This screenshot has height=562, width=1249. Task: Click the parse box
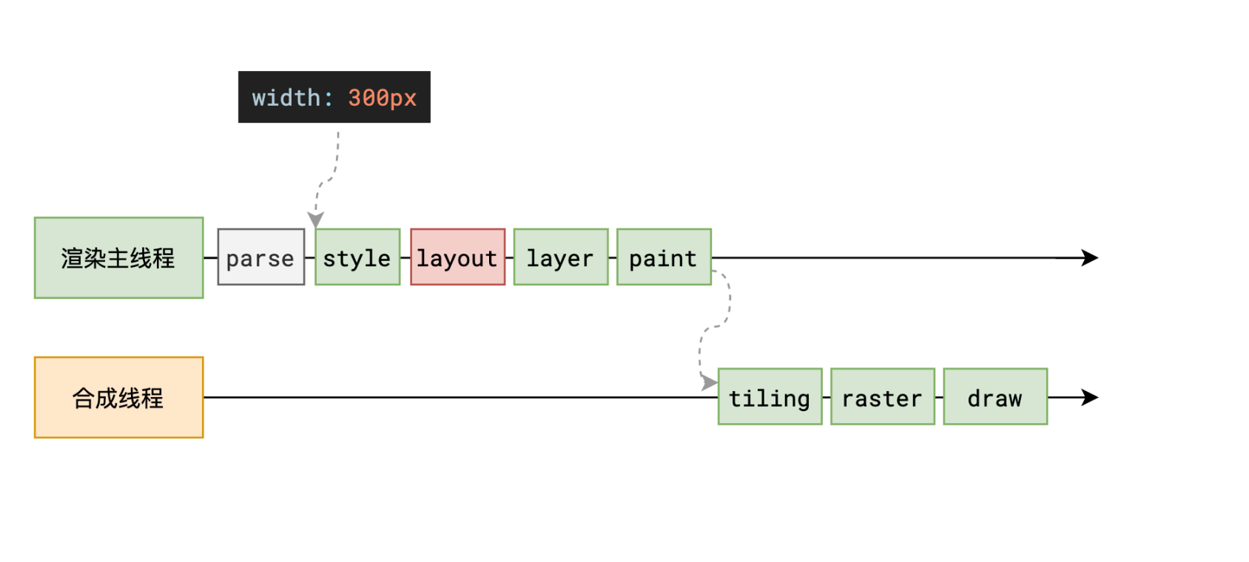pos(261,257)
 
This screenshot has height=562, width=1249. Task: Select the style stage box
pos(357,257)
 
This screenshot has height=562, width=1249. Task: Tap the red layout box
pos(458,257)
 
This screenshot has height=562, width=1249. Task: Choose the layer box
pos(561,257)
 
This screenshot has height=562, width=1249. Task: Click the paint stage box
pos(664,257)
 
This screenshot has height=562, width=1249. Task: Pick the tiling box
pos(770,396)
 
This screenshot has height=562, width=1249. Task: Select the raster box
pos(883,396)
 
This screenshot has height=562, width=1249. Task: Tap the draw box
pos(995,396)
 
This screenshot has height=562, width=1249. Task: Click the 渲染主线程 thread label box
pos(119,258)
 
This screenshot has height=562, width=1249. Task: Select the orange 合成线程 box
pos(119,398)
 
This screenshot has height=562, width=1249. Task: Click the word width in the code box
pos(286,98)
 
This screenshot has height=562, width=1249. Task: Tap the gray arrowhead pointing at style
pos(316,219)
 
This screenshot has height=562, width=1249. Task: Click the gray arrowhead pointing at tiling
pos(710,382)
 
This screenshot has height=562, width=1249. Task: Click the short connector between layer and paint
pos(613,257)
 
